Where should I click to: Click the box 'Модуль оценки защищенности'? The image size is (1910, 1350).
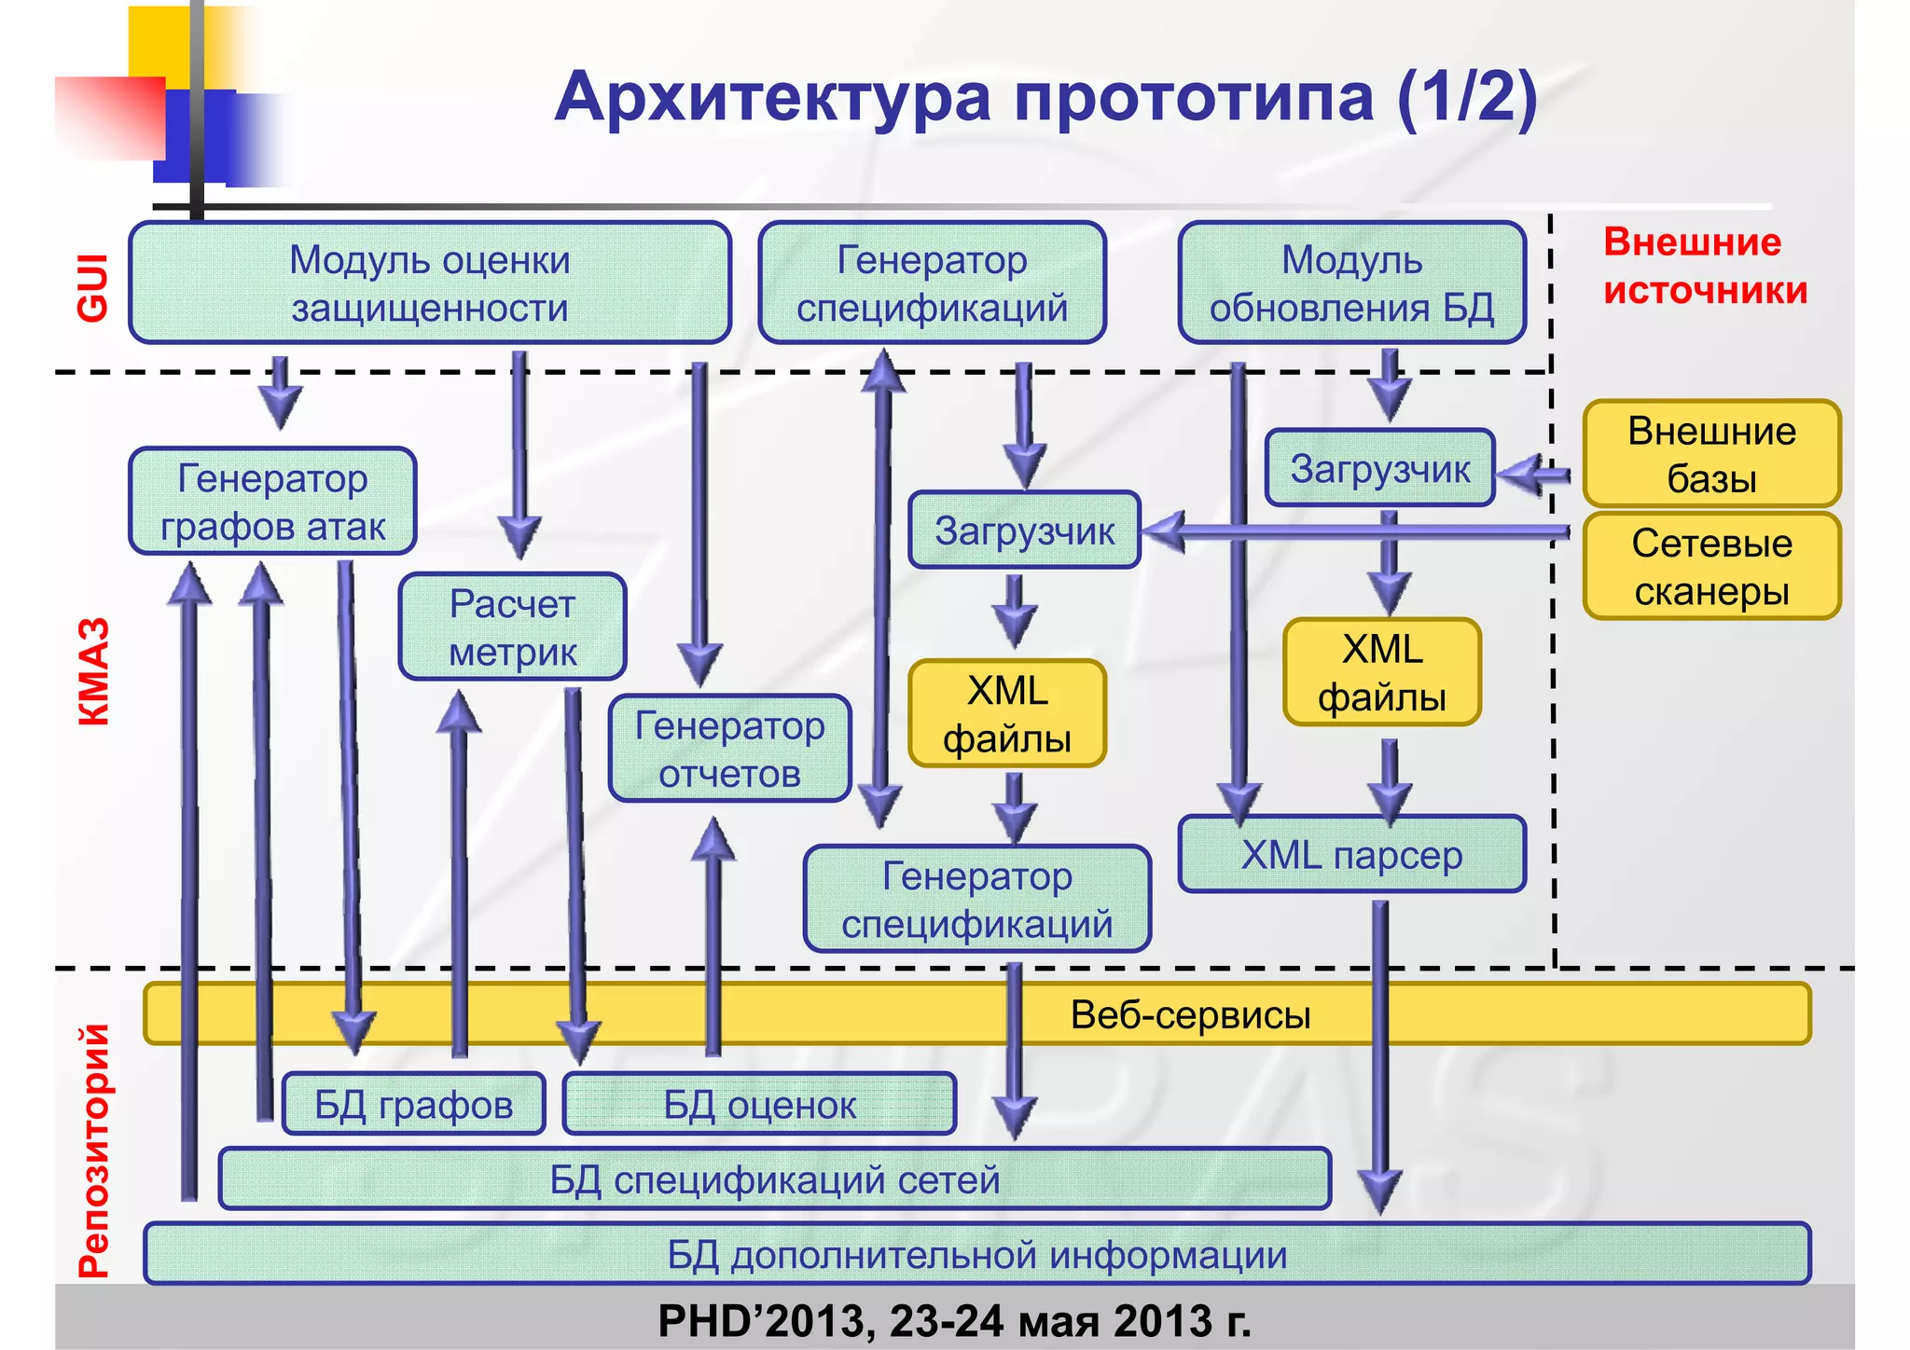click(429, 282)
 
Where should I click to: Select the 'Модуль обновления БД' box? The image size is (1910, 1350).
click(1351, 282)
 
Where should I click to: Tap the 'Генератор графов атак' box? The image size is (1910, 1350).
click(272, 502)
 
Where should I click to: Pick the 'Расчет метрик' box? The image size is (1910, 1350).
click(512, 627)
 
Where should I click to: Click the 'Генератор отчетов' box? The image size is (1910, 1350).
click(729, 749)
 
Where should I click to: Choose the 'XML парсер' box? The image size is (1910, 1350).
click(1351, 855)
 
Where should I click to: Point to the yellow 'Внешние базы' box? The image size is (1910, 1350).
click(1711, 454)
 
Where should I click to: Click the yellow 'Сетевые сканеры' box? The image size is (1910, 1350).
click(1711, 567)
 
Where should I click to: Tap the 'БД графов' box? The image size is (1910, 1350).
click(413, 1105)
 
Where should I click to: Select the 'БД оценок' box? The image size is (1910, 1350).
click(759, 1105)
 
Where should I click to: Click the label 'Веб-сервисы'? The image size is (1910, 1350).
click(1190, 1014)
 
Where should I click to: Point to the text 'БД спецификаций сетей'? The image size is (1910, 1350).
click(774, 1179)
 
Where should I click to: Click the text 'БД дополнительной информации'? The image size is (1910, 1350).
click(976, 1255)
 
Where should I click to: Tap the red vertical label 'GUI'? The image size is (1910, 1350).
click(94, 288)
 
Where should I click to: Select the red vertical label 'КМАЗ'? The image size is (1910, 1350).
click(94, 671)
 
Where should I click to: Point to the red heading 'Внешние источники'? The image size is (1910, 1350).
click(1705, 267)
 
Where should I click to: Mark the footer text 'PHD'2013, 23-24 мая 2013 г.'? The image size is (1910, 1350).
click(954, 1321)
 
